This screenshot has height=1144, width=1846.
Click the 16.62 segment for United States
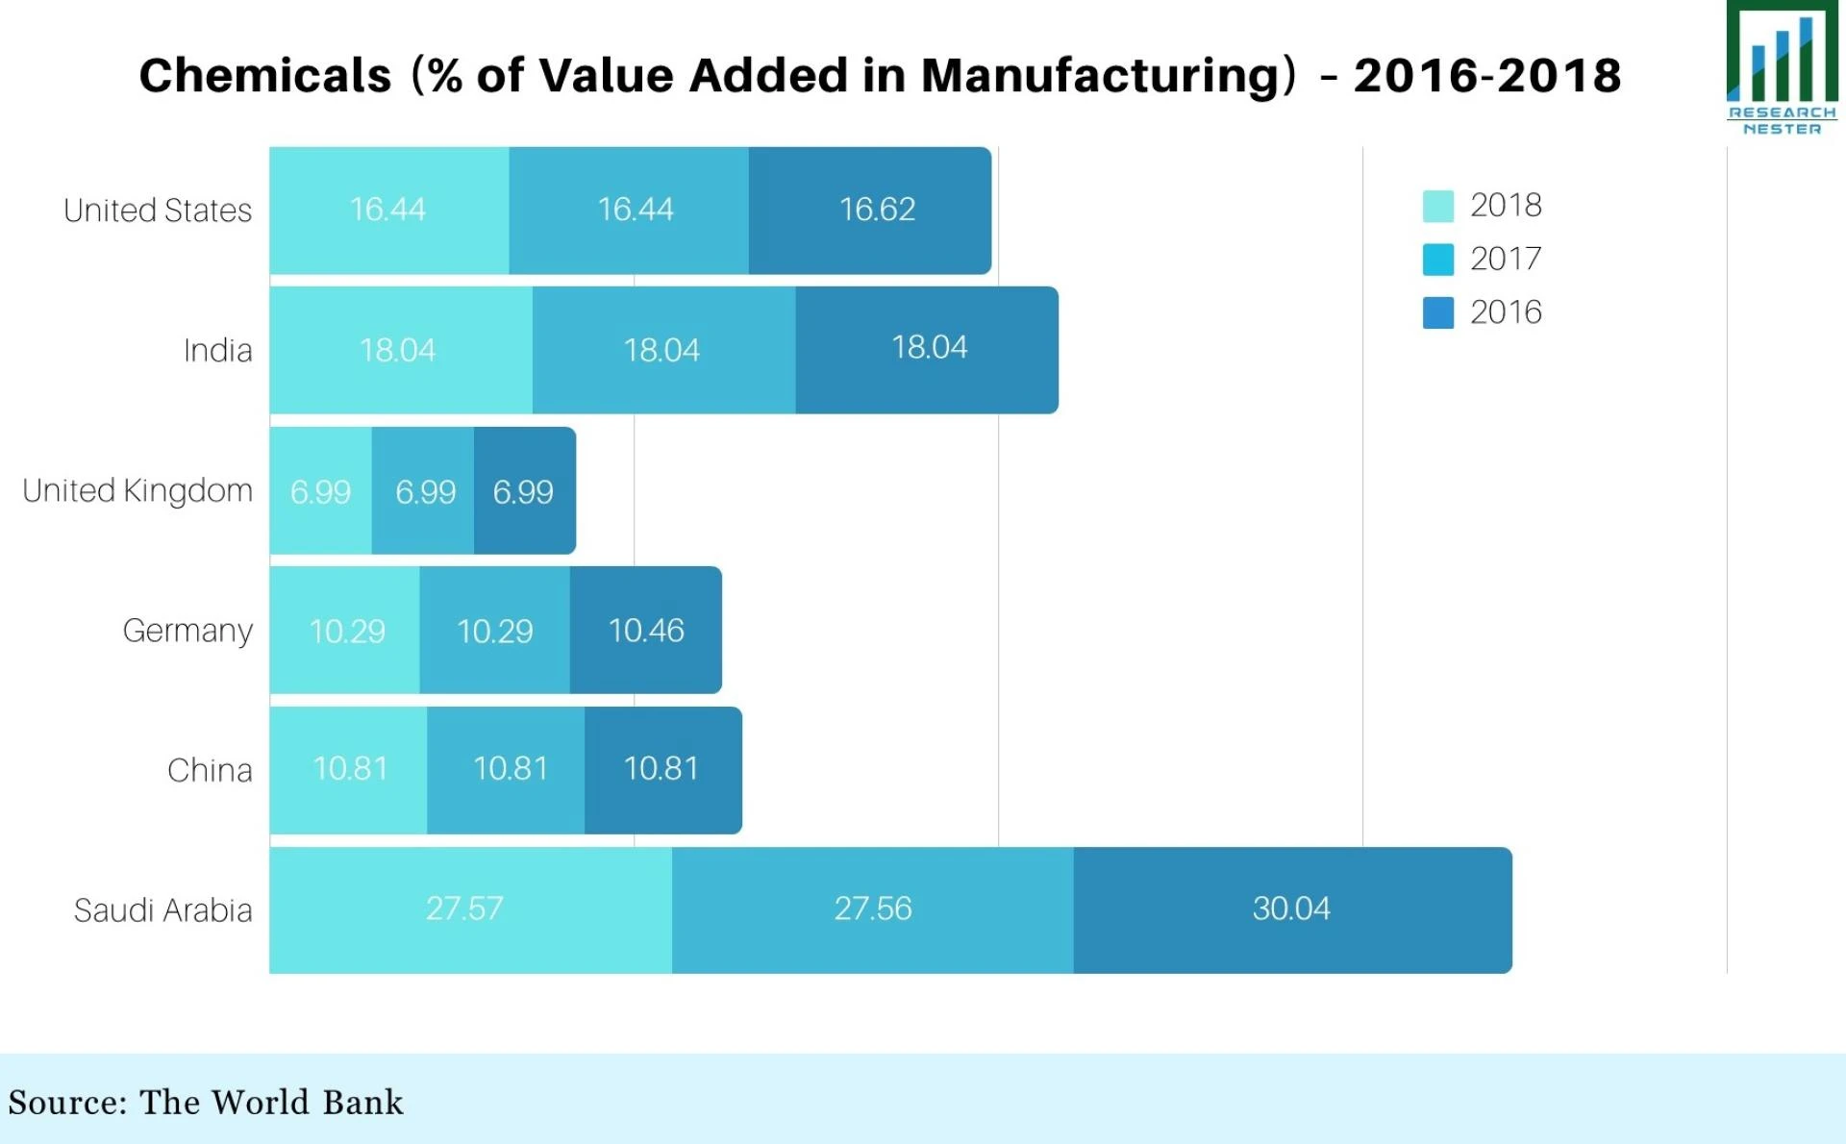869,210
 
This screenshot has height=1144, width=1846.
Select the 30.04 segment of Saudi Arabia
1291,909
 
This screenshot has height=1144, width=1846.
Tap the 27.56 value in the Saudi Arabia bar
872,909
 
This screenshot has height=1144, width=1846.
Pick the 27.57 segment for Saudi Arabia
469,909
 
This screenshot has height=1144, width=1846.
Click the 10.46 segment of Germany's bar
645,631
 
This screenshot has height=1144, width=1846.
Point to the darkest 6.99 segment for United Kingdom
524,491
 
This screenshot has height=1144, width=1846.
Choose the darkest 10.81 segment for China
661,769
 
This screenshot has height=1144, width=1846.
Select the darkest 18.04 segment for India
927,349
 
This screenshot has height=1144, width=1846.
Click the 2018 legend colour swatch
1437,206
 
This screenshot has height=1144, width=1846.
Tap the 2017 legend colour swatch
1437,260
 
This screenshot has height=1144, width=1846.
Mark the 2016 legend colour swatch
1437,312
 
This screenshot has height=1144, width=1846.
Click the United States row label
158,211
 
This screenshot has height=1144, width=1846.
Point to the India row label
217,350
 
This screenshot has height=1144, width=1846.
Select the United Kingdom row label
137,490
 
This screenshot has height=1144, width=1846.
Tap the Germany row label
187,631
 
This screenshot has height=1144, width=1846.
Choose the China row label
210,770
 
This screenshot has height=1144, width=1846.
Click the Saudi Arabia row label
162,910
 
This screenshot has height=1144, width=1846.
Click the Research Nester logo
1782,67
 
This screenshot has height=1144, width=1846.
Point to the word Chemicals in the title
264,75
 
